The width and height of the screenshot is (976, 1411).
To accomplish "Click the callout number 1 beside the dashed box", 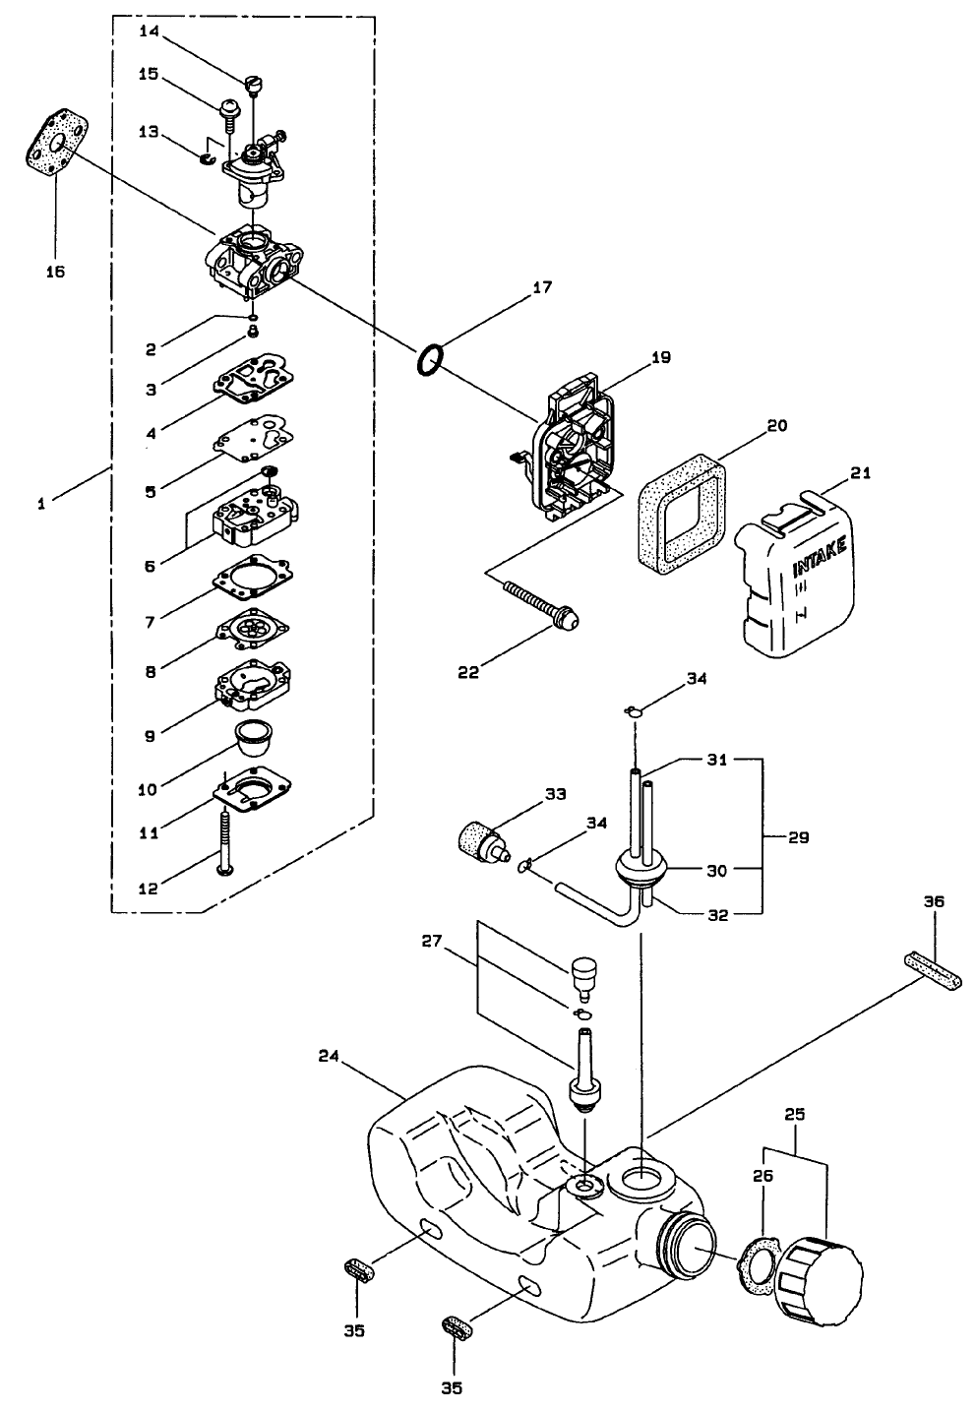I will (41, 504).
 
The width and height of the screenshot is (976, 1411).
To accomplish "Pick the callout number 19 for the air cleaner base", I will (660, 358).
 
